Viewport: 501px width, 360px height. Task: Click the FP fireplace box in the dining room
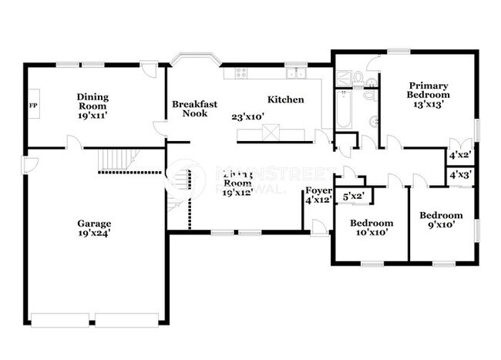click(x=32, y=104)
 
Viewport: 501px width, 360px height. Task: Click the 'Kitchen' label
click(x=285, y=99)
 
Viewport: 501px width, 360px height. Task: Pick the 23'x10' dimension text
click(x=248, y=117)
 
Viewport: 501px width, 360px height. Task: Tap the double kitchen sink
click(x=295, y=74)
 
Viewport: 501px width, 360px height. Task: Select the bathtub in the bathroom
click(x=343, y=109)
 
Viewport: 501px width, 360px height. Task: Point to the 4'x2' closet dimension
click(x=460, y=155)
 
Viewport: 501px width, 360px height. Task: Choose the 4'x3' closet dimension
click(x=460, y=176)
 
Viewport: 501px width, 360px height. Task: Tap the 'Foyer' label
click(x=318, y=190)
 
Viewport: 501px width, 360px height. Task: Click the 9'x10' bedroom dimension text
click(x=442, y=225)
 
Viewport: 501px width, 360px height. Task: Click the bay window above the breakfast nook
click(x=195, y=59)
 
